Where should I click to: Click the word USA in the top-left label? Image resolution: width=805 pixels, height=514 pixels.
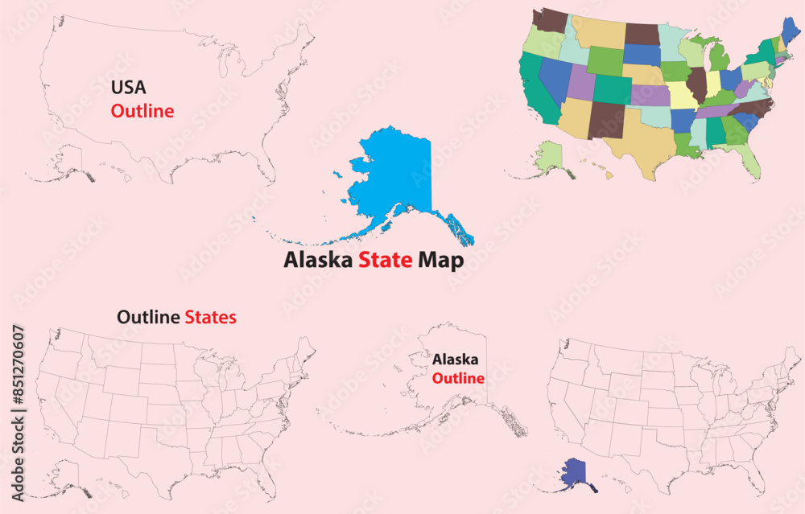[x=129, y=87]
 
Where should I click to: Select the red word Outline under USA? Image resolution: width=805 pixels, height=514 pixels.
[x=142, y=111]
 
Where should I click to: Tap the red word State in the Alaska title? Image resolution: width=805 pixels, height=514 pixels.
[x=386, y=261]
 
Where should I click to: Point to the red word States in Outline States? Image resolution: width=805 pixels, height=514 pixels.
[x=210, y=317]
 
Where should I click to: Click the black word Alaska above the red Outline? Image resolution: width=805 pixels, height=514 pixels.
[x=455, y=360]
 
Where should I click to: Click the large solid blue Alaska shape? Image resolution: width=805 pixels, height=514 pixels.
[x=398, y=177]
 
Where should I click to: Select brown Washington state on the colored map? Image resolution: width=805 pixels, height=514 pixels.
[x=550, y=19]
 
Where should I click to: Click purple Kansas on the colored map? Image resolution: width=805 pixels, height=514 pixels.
[x=650, y=95]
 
